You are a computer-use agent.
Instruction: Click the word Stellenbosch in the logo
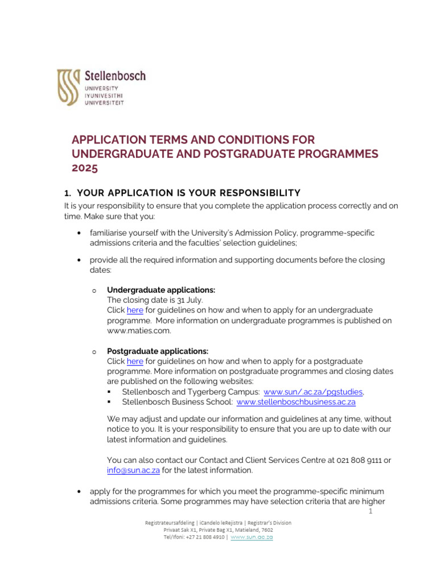tap(115, 76)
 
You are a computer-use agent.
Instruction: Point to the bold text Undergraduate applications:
tap(161, 290)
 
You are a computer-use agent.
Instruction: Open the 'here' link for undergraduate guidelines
tap(135, 310)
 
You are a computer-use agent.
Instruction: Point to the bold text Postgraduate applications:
tap(158, 351)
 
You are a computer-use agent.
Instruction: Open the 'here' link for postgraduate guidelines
tap(135, 362)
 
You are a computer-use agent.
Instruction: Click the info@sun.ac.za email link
tap(133, 470)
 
